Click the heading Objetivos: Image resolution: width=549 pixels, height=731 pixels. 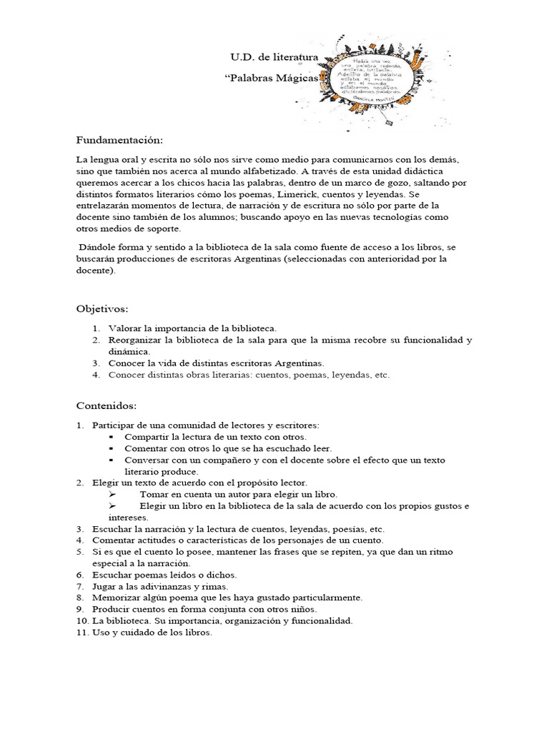tap(102, 308)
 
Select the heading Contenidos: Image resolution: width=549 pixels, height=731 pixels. tap(107, 405)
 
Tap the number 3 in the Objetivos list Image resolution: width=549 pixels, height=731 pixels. tap(96, 363)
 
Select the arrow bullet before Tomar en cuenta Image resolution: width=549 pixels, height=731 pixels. tap(112, 494)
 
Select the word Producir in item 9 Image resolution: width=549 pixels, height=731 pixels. tap(112, 609)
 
